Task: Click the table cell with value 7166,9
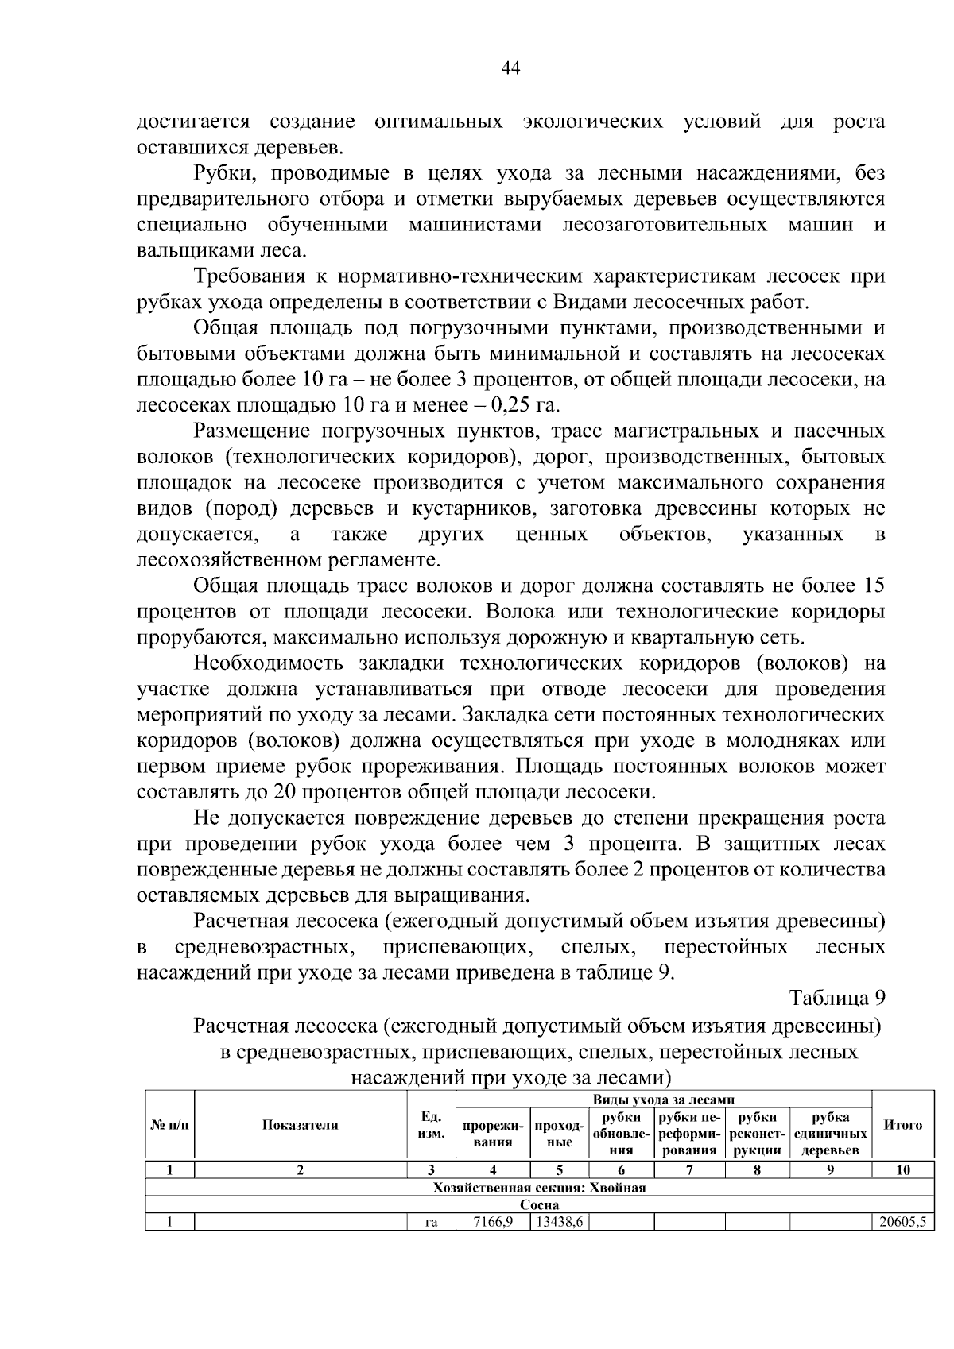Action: tap(492, 1223)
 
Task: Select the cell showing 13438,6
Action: tap(559, 1223)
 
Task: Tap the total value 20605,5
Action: tap(902, 1223)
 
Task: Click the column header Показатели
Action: tap(301, 1124)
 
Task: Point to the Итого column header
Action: tap(902, 1124)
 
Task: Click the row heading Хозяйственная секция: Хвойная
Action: tap(539, 1188)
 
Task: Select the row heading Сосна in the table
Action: tap(539, 1205)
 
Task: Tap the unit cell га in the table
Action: tap(430, 1223)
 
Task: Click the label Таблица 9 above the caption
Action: tap(836, 998)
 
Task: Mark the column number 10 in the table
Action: tap(902, 1169)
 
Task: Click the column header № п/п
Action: tap(169, 1124)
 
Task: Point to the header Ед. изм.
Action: tap(430, 1124)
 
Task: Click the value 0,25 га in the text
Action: tap(525, 404)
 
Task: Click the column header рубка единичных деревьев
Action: tap(830, 1133)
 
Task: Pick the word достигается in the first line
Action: tap(193, 122)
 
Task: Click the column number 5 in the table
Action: tap(559, 1169)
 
